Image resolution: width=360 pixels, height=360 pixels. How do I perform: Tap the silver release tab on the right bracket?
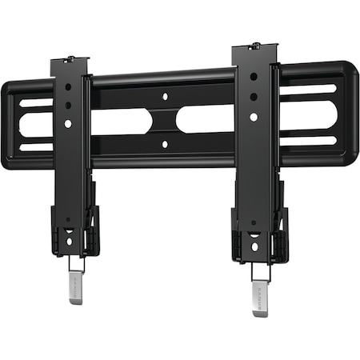point(261,291)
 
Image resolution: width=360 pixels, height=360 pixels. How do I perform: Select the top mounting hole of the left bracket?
point(68,86)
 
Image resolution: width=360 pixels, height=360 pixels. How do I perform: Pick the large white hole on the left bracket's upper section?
point(68,123)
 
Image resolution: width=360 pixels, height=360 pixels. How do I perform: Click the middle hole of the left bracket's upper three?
point(68,105)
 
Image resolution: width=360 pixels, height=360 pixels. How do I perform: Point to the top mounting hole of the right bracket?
point(254,77)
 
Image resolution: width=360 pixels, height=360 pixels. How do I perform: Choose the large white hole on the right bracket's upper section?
point(254,117)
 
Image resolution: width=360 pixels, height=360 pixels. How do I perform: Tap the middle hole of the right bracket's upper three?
point(254,97)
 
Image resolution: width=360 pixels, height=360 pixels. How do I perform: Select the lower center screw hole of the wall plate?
point(164,144)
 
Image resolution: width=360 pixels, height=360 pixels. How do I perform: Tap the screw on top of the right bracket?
point(254,46)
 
